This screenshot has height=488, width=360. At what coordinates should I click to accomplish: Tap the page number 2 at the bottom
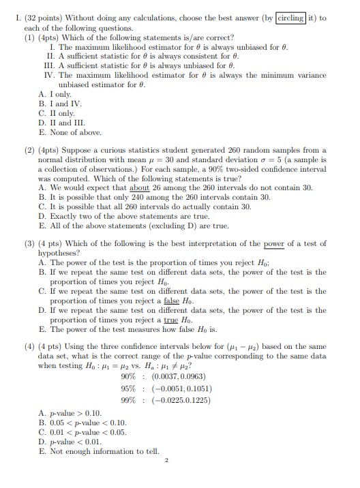[x=166, y=460]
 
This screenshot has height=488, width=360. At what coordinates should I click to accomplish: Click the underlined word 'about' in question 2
[x=139, y=187]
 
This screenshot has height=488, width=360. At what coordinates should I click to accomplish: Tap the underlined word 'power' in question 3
[x=273, y=243]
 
